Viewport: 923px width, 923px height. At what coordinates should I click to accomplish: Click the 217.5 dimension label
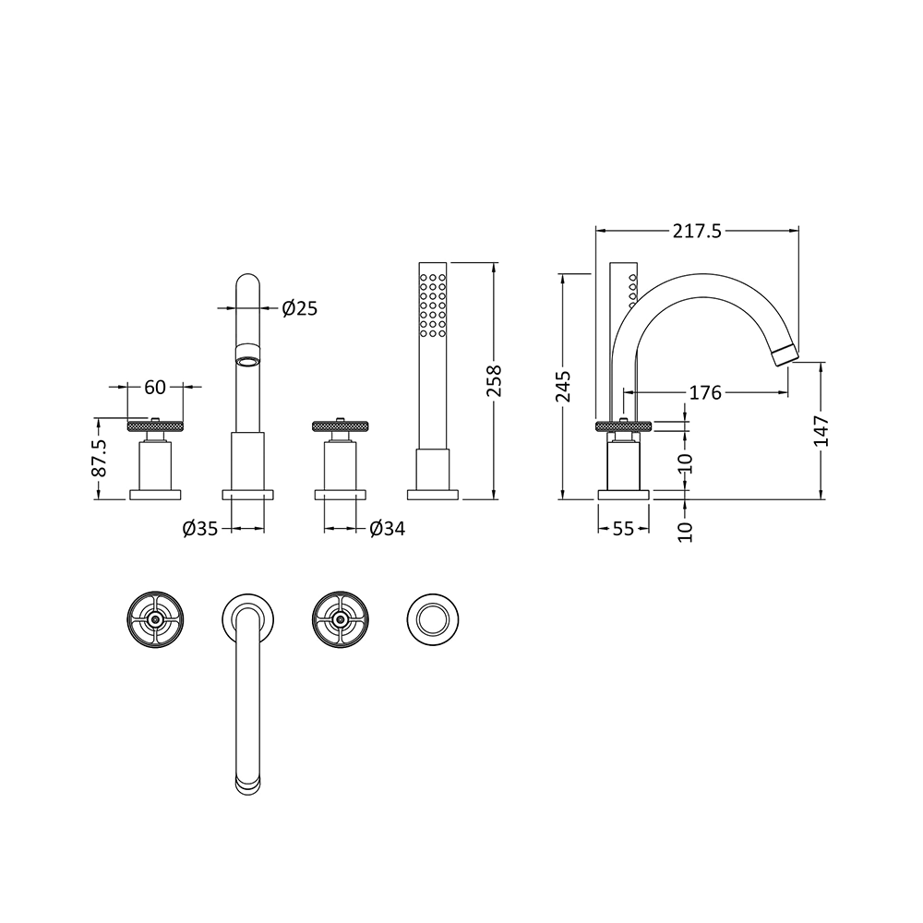click(697, 232)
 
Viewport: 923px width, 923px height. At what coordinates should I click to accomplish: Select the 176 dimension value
click(704, 393)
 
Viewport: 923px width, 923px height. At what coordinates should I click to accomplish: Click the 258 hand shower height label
click(495, 380)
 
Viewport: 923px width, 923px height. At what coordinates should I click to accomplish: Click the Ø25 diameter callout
click(298, 308)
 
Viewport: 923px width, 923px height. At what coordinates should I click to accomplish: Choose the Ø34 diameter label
click(387, 529)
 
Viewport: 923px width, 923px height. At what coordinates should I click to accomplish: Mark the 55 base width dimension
click(623, 529)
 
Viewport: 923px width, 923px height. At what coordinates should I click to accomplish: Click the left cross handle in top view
click(156, 619)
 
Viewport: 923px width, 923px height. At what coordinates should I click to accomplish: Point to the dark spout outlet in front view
click(248, 356)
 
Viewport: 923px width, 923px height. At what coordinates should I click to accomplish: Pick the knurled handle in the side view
click(625, 426)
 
